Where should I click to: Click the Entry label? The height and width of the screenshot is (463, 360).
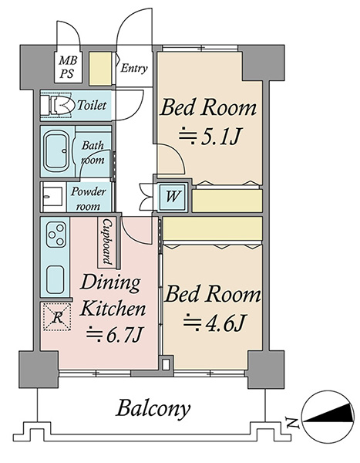pyautogui.click(x=134, y=68)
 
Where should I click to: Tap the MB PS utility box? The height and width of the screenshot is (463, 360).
pyautogui.click(x=68, y=67)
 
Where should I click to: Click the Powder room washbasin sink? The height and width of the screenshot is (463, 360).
pyautogui.click(x=53, y=196)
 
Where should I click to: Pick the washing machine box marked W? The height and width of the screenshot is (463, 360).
pyautogui.click(x=173, y=196)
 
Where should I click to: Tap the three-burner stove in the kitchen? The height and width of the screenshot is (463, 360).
pyautogui.click(x=56, y=235)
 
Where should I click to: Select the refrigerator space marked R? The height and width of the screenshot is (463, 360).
pyautogui.click(x=57, y=317)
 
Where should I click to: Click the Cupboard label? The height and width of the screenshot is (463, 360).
pyautogui.click(x=107, y=242)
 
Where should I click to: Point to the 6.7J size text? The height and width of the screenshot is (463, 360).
pyautogui.click(x=115, y=334)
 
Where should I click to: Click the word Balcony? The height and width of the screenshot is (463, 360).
pyautogui.click(x=153, y=409)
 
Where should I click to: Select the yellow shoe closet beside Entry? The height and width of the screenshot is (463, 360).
pyautogui.click(x=100, y=69)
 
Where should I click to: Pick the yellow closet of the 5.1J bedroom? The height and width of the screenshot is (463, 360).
pyautogui.click(x=227, y=201)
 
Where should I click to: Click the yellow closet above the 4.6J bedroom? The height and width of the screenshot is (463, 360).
pyautogui.click(x=213, y=228)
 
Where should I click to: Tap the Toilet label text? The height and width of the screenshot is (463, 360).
pyautogui.click(x=92, y=105)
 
